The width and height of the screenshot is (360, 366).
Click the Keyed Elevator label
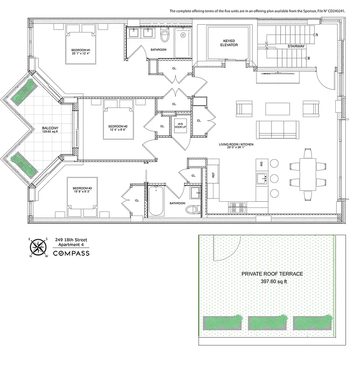(228, 43)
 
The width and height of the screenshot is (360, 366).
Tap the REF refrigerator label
(213, 174)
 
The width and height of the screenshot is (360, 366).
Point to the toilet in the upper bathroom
(165, 36)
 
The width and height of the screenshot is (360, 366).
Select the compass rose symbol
(38, 247)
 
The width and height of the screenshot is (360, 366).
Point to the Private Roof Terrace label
(272, 274)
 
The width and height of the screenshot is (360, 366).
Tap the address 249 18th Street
(71, 239)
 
